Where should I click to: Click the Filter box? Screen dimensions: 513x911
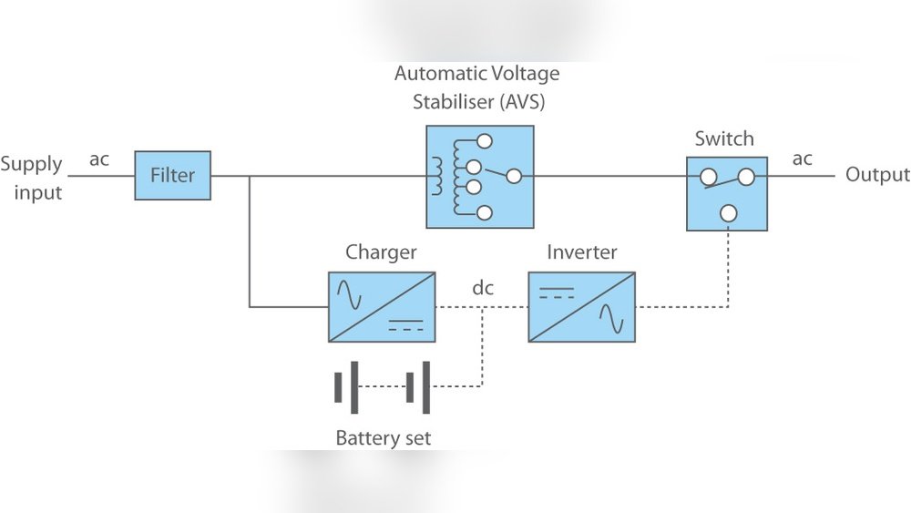[173, 176]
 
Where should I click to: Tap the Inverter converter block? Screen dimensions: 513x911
[581, 307]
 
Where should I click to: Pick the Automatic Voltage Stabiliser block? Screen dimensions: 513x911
[480, 177]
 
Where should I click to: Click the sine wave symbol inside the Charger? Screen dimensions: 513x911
[350, 292]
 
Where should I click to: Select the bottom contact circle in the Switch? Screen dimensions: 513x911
[727, 213]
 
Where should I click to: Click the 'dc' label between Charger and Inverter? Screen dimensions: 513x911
[483, 288]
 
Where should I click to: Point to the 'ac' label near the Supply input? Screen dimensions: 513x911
[99, 159]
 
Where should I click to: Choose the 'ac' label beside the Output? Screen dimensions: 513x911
[802, 159]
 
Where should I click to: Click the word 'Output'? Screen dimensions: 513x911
[877, 175]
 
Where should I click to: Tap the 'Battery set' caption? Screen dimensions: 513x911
[383, 438]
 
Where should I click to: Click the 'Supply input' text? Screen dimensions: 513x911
[32, 178]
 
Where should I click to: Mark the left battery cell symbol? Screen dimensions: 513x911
[346, 387]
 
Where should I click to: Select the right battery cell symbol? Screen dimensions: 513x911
[418, 387]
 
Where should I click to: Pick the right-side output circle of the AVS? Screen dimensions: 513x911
[514, 176]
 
